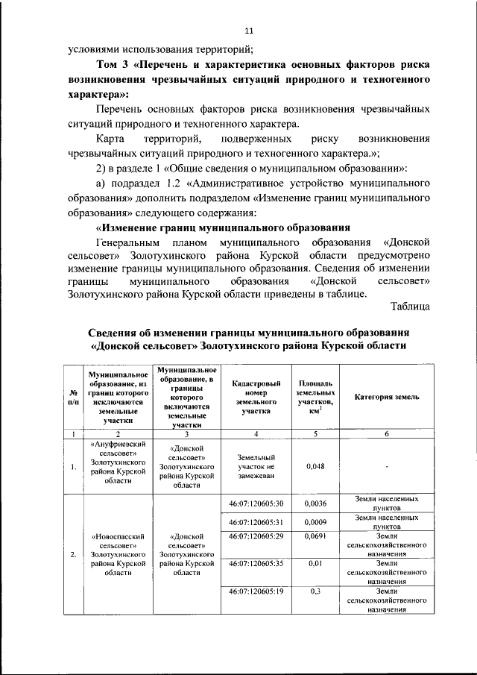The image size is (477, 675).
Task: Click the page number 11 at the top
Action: point(249,31)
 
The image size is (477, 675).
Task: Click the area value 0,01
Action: point(315,564)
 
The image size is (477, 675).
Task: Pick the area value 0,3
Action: point(315,591)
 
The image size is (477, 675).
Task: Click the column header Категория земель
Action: point(386,397)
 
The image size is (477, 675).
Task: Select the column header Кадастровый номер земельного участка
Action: point(255,397)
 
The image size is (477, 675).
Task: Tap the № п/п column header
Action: point(73,397)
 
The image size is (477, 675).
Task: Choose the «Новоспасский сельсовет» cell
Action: point(118,554)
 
